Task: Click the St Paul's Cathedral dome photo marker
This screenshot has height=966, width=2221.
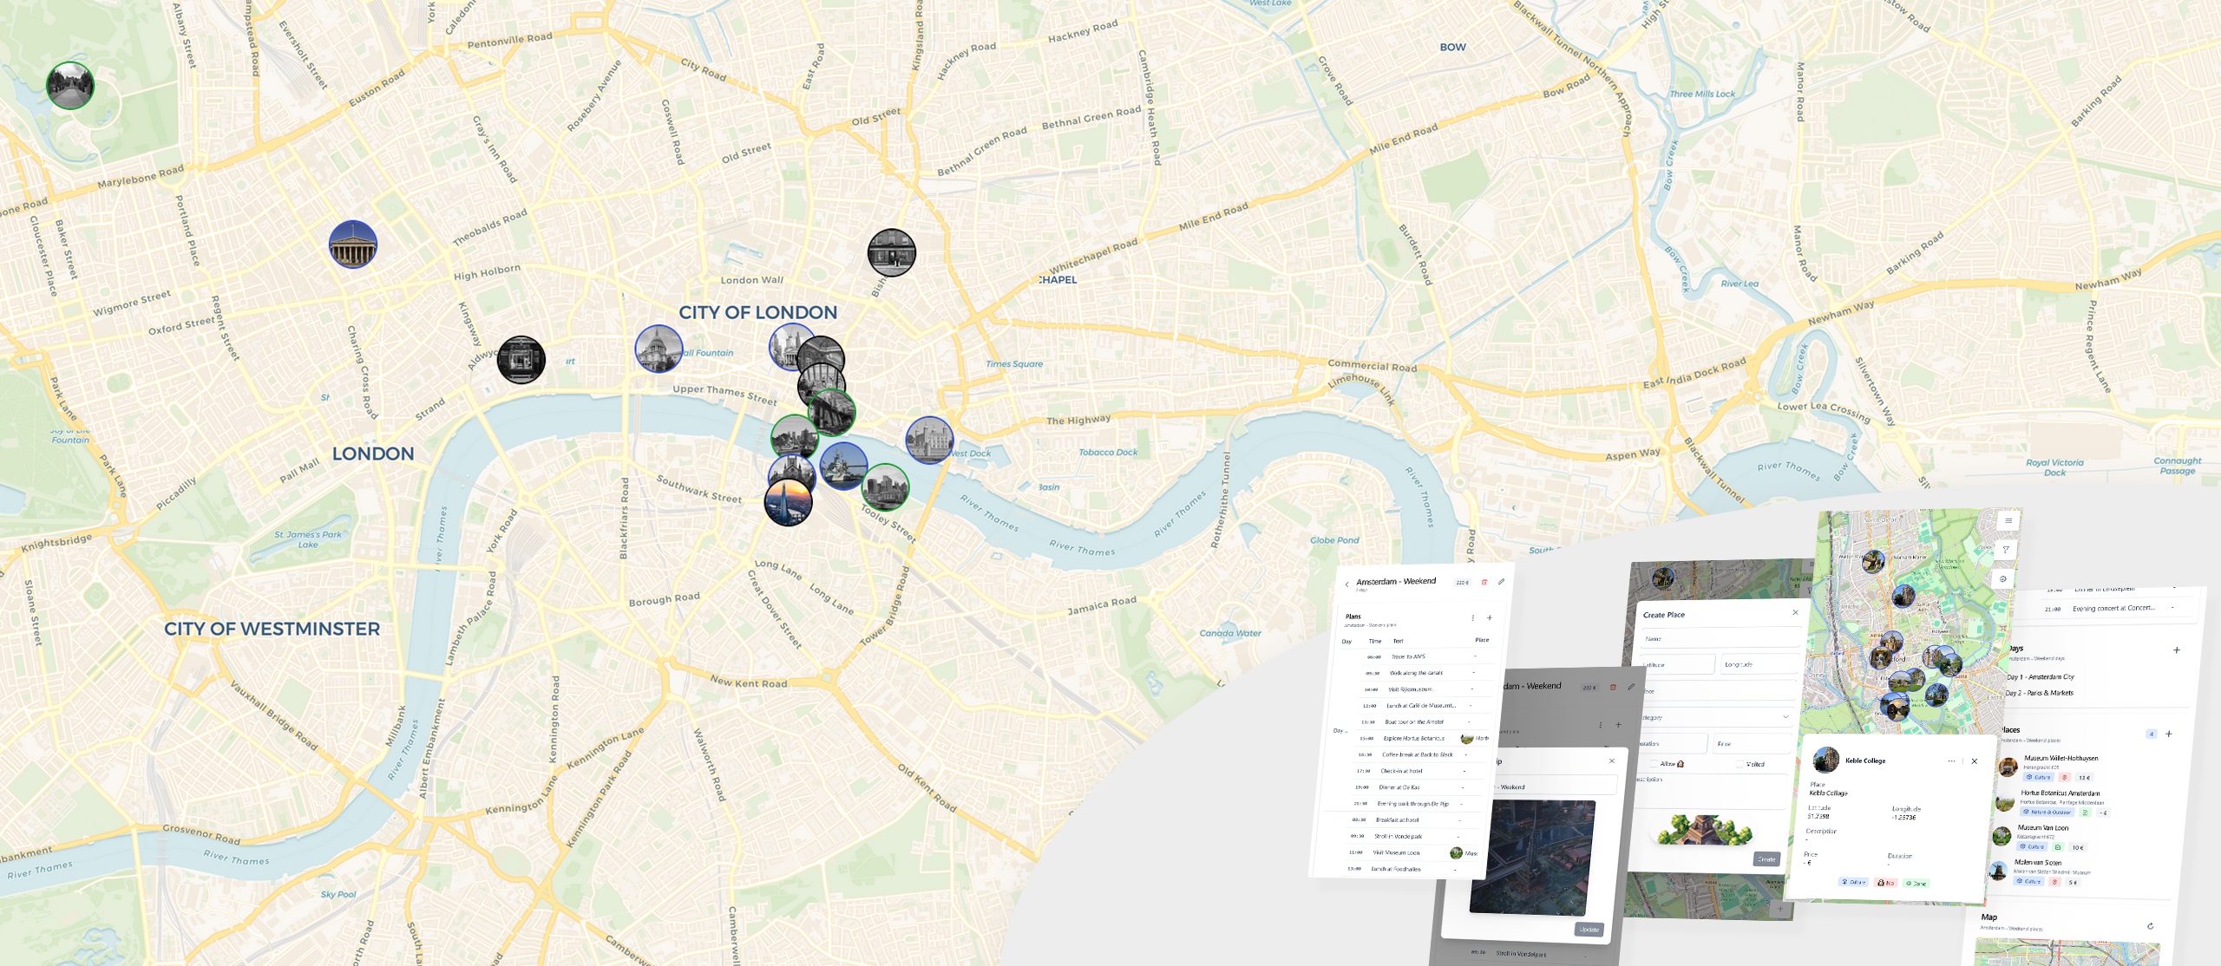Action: tap(658, 349)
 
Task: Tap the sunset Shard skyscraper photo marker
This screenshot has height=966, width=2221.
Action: tap(788, 501)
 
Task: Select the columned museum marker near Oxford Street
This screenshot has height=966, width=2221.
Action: tap(353, 244)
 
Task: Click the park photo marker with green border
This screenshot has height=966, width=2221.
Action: tap(69, 86)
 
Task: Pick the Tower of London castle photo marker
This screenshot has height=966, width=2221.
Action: tap(929, 440)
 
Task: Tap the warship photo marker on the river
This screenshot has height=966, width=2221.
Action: tap(842, 466)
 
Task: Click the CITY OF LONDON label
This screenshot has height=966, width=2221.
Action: tap(757, 312)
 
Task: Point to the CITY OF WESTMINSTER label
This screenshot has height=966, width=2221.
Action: tap(272, 629)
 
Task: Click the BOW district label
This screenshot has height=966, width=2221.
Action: tap(1452, 47)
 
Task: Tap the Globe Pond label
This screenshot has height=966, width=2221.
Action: tap(1334, 540)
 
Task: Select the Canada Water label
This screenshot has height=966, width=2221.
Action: tap(1230, 633)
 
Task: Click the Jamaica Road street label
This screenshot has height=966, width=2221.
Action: tap(1101, 605)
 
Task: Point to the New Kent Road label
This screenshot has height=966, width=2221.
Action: tap(749, 682)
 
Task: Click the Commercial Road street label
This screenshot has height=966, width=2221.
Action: tap(1372, 366)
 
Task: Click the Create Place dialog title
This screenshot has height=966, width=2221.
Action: tap(1663, 615)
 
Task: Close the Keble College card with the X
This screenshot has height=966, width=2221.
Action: tap(1974, 761)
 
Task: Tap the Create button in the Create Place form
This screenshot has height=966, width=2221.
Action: tap(1766, 859)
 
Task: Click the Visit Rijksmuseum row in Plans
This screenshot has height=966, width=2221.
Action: tap(1410, 689)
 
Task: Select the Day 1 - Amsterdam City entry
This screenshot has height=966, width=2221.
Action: tap(2040, 676)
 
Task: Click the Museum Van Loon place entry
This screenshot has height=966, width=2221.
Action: tap(2042, 828)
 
